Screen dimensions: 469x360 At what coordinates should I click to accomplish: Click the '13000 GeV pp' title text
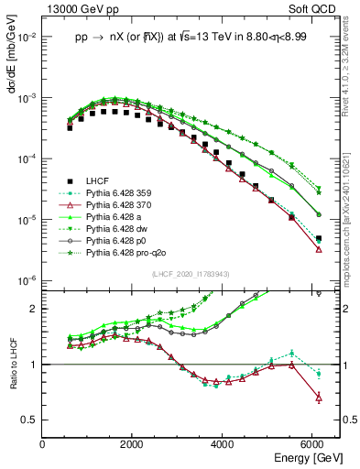79,10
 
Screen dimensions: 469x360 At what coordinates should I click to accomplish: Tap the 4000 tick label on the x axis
223,444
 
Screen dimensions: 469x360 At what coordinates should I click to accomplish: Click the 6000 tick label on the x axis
312,444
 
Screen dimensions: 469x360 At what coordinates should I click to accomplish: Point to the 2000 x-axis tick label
133,444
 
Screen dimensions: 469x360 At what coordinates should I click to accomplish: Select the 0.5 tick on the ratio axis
31,420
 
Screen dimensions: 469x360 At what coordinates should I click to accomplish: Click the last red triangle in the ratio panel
318,397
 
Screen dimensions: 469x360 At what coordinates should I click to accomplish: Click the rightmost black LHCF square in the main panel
318,238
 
